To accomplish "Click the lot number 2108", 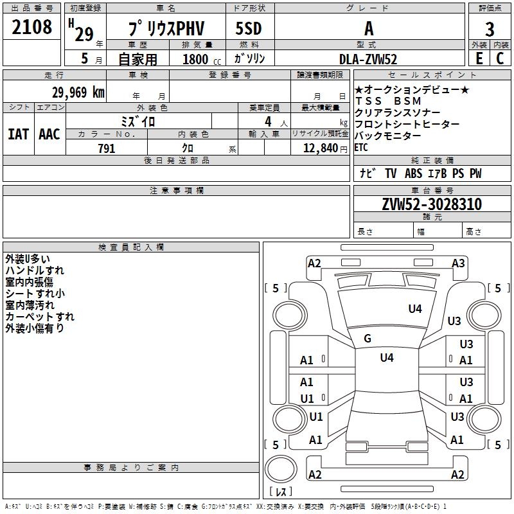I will point(32,28).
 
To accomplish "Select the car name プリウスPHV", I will point(166,30).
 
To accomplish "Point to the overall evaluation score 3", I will point(490,30).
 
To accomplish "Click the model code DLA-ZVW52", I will point(368,59).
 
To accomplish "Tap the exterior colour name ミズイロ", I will point(138,121).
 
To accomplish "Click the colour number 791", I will point(106,148).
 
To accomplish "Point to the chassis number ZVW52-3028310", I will point(432,204).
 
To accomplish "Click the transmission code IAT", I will point(18,134).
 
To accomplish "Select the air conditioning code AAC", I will point(49,134).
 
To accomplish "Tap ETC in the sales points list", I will point(361,147).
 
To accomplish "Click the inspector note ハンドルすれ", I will point(35,270).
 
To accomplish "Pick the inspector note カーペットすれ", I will point(40,317).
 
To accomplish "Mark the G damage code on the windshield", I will point(368,339).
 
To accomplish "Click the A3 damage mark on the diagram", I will point(458,263).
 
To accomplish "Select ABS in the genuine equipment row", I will point(413,173).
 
